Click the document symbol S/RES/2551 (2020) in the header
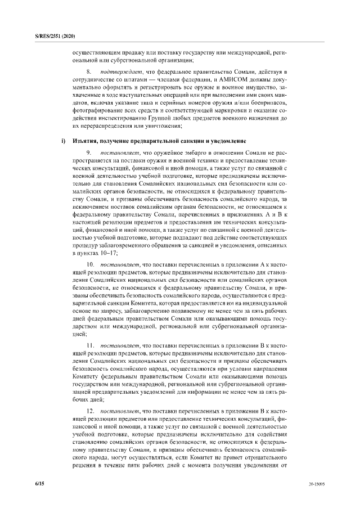pos(52,36)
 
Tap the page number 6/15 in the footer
pos(40,483)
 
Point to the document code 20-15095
pos(317,484)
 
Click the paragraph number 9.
pos(89,152)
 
